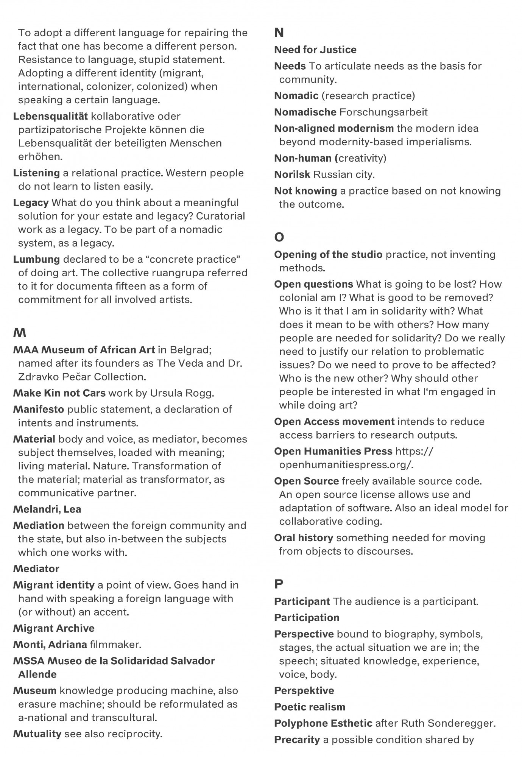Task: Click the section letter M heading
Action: pos(20,333)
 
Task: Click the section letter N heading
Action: pos(279,33)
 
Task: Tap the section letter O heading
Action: pos(279,237)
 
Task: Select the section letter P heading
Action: pos(279,584)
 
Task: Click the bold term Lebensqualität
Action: pos(50,117)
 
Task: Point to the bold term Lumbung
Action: pos(36,260)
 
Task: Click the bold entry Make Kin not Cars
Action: pos(59,393)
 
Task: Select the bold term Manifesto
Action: pos(39,410)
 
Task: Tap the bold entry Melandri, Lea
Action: pos(47,509)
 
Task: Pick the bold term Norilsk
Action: pos(292,175)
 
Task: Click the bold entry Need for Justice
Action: pos(315,50)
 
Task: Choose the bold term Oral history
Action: pos(304,538)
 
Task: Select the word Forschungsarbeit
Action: pos(383,112)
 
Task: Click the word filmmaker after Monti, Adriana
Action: pos(115,645)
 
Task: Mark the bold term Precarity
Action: pos(297,740)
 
